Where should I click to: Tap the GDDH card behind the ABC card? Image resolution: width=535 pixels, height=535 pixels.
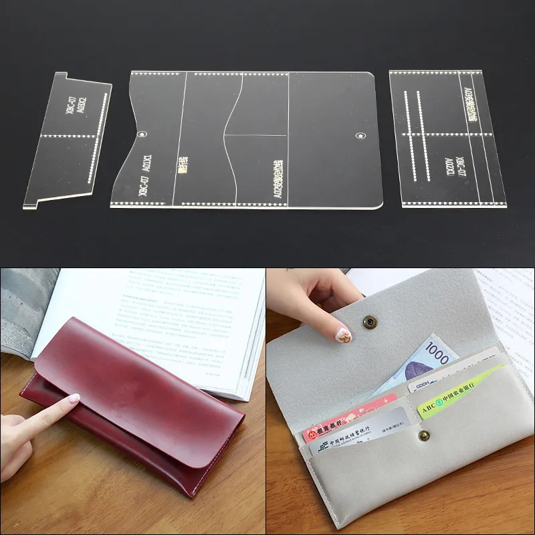428,385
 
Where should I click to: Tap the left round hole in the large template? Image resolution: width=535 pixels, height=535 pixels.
142,136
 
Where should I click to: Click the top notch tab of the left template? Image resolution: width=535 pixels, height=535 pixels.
60,76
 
